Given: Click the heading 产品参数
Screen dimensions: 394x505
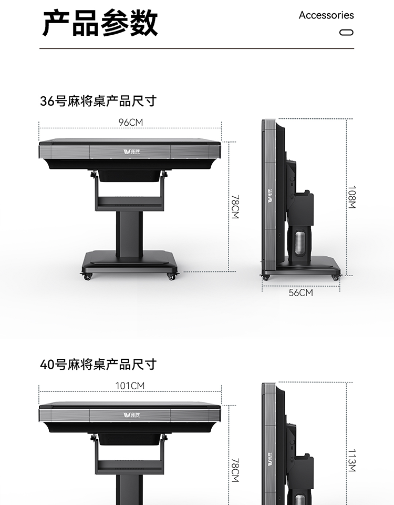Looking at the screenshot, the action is [100, 23].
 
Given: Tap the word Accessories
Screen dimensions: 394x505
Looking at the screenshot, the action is [326, 15].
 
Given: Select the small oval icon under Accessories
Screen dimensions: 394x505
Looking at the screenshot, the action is [346, 32].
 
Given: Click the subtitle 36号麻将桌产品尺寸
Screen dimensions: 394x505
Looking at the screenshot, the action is [98, 101].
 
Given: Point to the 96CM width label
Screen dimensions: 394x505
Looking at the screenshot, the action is [130, 123].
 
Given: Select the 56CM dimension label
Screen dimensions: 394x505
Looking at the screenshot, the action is [300, 292].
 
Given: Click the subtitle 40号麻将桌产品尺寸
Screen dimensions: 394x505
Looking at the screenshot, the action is [98, 365].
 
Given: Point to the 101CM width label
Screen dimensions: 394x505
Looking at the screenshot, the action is [130, 386].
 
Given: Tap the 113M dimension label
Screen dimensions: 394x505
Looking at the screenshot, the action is [351, 460].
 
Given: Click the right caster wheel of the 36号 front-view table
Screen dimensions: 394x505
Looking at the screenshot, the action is [171, 276].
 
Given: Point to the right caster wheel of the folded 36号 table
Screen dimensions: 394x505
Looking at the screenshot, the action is [335, 277].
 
